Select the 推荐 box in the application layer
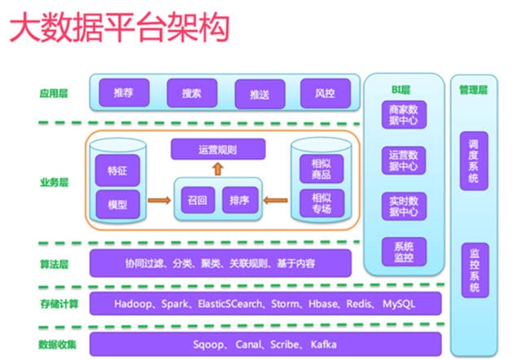click(x=124, y=94)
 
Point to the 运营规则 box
click(x=217, y=150)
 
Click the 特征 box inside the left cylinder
click(x=117, y=172)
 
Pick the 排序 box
click(x=239, y=199)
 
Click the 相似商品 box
click(x=320, y=169)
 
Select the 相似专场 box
click(x=320, y=201)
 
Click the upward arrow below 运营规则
click(x=217, y=169)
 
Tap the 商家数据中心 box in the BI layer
click(x=404, y=116)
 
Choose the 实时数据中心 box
click(x=404, y=206)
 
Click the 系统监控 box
click(x=404, y=252)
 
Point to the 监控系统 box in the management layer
click(x=474, y=270)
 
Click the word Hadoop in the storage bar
click(x=133, y=304)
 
